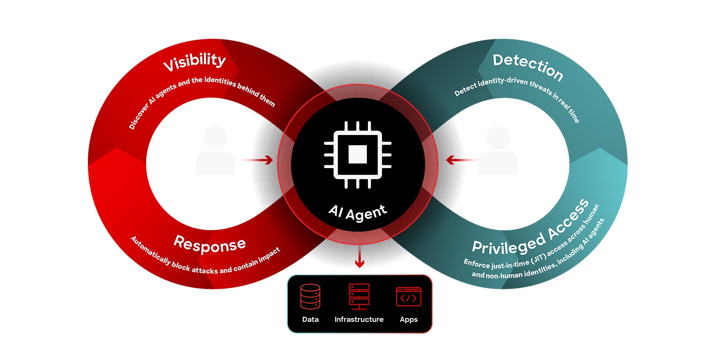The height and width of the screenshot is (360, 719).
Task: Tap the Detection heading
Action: [x=528, y=67]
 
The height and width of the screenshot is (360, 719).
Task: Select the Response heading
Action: [x=210, y=243]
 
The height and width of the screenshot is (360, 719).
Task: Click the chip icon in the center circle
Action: [x=358, y=154]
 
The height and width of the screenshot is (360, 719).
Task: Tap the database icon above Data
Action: [x=310, y=296]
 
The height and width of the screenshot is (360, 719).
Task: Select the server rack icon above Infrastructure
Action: [x=359, y=296]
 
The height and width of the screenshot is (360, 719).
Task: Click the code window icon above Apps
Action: [x=409, y=297]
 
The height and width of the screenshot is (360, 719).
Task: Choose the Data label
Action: [x=310, y=320]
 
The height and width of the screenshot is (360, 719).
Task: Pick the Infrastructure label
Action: [x=359, y=320]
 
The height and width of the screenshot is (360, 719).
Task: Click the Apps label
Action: [x=409, y=320]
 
